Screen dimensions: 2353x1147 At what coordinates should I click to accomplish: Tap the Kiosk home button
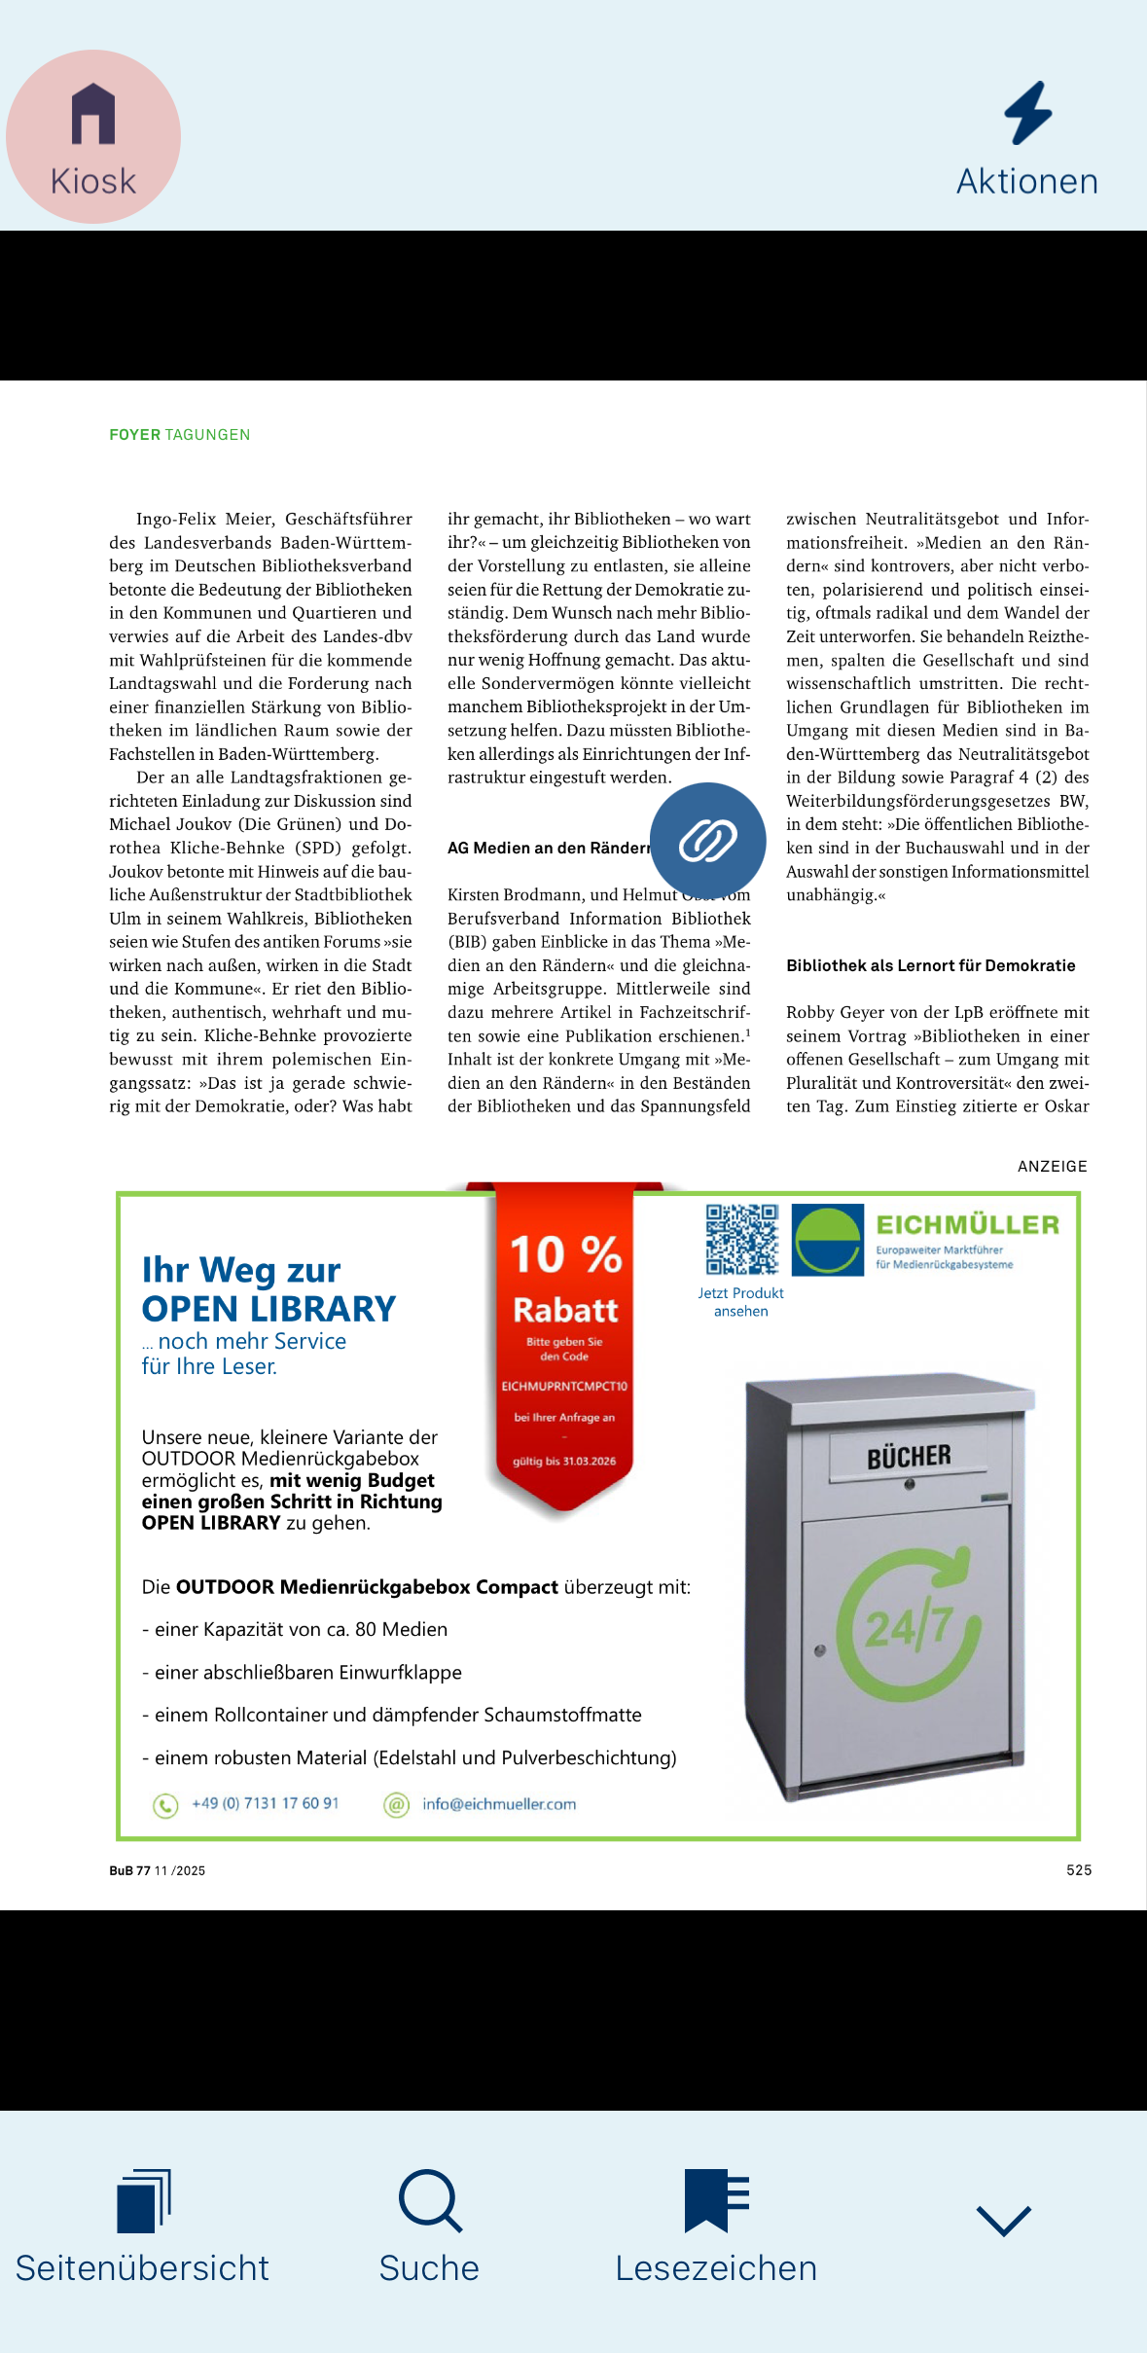(93, 137)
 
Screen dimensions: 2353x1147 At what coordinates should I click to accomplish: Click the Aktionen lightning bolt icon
(1027, 114)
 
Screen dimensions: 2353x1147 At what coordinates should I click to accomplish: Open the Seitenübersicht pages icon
(143, 2200)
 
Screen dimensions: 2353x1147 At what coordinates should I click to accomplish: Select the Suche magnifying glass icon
(429, 2200)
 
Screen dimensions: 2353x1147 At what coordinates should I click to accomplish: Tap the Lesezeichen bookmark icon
(716, 2200)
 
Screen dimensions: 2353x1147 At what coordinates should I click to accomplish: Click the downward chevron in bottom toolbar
(1003, 2221)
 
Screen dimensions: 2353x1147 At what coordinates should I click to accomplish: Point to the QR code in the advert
(741, 1239)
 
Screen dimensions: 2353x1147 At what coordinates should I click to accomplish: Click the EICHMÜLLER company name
(967, 1225)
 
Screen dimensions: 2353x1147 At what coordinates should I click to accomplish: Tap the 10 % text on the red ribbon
(565, 1254)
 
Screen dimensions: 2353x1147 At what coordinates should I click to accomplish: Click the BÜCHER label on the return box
(909, 1457)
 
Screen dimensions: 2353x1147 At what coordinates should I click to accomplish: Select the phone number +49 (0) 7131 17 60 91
(265, 1803)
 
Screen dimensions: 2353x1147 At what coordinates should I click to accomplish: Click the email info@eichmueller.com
(498, 1804)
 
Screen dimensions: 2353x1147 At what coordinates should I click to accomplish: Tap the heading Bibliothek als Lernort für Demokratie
(930, 965)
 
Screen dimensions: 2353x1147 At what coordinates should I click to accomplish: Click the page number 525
(1078, 1870)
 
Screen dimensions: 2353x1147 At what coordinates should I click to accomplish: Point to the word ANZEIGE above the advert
(1052, 1166)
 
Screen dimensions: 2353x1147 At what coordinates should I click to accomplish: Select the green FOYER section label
(134, 435)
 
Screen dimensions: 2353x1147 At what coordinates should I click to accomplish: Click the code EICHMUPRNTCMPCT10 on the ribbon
(564, 1386)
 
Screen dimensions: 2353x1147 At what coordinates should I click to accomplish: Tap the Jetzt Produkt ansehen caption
(740, 1302)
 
